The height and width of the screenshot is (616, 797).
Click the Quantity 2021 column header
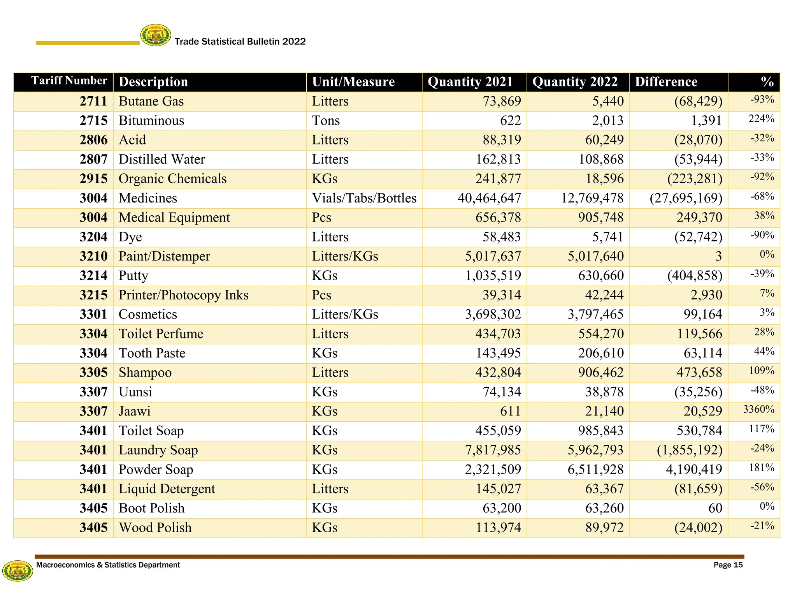(x=470, y=82)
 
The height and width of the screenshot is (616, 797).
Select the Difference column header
(x=666, y=82)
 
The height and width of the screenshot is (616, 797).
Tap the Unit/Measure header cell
(x=353, y=82)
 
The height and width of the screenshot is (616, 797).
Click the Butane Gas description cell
(x=151, y=101)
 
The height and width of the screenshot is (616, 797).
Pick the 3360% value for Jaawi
(x=758, y=410)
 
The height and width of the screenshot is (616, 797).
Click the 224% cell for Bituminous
(x=761, y=119)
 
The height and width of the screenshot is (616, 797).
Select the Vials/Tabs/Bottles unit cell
(x=364, y=198)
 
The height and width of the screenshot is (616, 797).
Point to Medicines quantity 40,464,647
(x=489, y=198)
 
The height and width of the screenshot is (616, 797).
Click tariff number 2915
(x=93, y=179)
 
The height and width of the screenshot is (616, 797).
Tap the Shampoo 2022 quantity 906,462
(x=600, y=373)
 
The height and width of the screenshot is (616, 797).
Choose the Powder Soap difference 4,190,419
(x=693, y=470)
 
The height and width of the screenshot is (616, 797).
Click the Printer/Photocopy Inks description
(x=183, y=295)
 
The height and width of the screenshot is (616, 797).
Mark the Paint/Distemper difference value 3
(x=718, y=256)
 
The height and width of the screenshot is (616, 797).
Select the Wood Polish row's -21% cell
(x=762, y=526)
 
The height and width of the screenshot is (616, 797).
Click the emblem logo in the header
(x=155, y=35)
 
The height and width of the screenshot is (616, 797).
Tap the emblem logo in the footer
(x=18, y=571)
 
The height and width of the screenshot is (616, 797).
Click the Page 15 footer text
(x=728, y=565)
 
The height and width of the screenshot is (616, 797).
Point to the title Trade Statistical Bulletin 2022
(x=240, y=42)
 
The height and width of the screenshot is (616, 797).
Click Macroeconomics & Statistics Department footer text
(x=108, y=565)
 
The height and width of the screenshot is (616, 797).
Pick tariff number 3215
(x=93, y=295)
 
